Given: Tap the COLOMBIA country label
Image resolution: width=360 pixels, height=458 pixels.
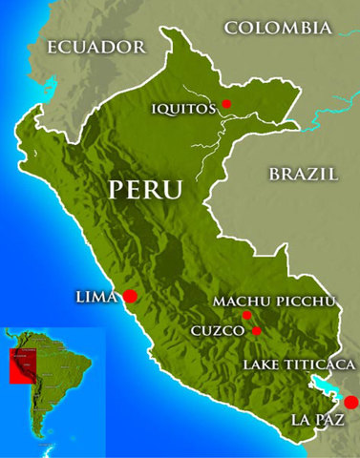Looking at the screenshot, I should click(279, 28).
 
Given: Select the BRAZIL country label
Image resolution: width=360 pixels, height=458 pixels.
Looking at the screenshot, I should click(304, 174).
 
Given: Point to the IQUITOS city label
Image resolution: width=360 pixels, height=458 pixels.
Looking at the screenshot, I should click(183, 108).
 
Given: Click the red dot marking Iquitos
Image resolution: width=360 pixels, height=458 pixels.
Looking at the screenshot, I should click(226, 103).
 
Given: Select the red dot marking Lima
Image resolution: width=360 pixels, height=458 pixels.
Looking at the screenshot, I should click(130, 297).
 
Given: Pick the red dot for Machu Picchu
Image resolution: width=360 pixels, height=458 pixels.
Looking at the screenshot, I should click(246, 315).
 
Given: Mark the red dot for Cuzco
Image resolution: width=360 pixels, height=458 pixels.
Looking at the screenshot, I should click(257, 331).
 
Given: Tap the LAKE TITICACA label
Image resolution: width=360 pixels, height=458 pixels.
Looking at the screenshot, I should click(299, 364).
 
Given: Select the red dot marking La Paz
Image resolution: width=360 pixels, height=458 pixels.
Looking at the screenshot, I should click(350, 403).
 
